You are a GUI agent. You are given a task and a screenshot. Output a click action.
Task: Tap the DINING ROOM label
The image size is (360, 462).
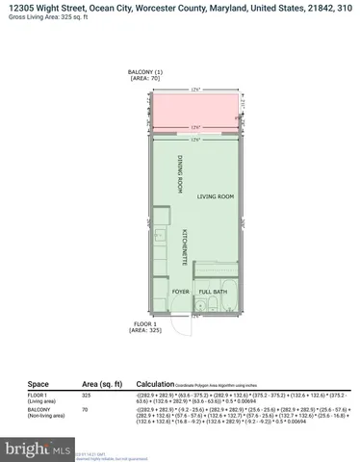pos(180,175)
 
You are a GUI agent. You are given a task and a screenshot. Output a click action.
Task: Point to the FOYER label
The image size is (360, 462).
pos(180,290)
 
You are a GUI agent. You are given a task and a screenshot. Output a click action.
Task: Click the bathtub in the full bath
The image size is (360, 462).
pos(219,308)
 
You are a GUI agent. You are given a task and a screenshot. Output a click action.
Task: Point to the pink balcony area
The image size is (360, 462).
pos(197,114)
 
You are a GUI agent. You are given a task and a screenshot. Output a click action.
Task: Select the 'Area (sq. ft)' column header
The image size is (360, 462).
pos(100,382)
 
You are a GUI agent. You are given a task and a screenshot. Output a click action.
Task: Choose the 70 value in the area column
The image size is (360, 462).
pos(85,409)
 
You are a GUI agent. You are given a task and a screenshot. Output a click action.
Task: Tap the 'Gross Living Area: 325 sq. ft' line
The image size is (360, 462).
pos(54,19)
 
